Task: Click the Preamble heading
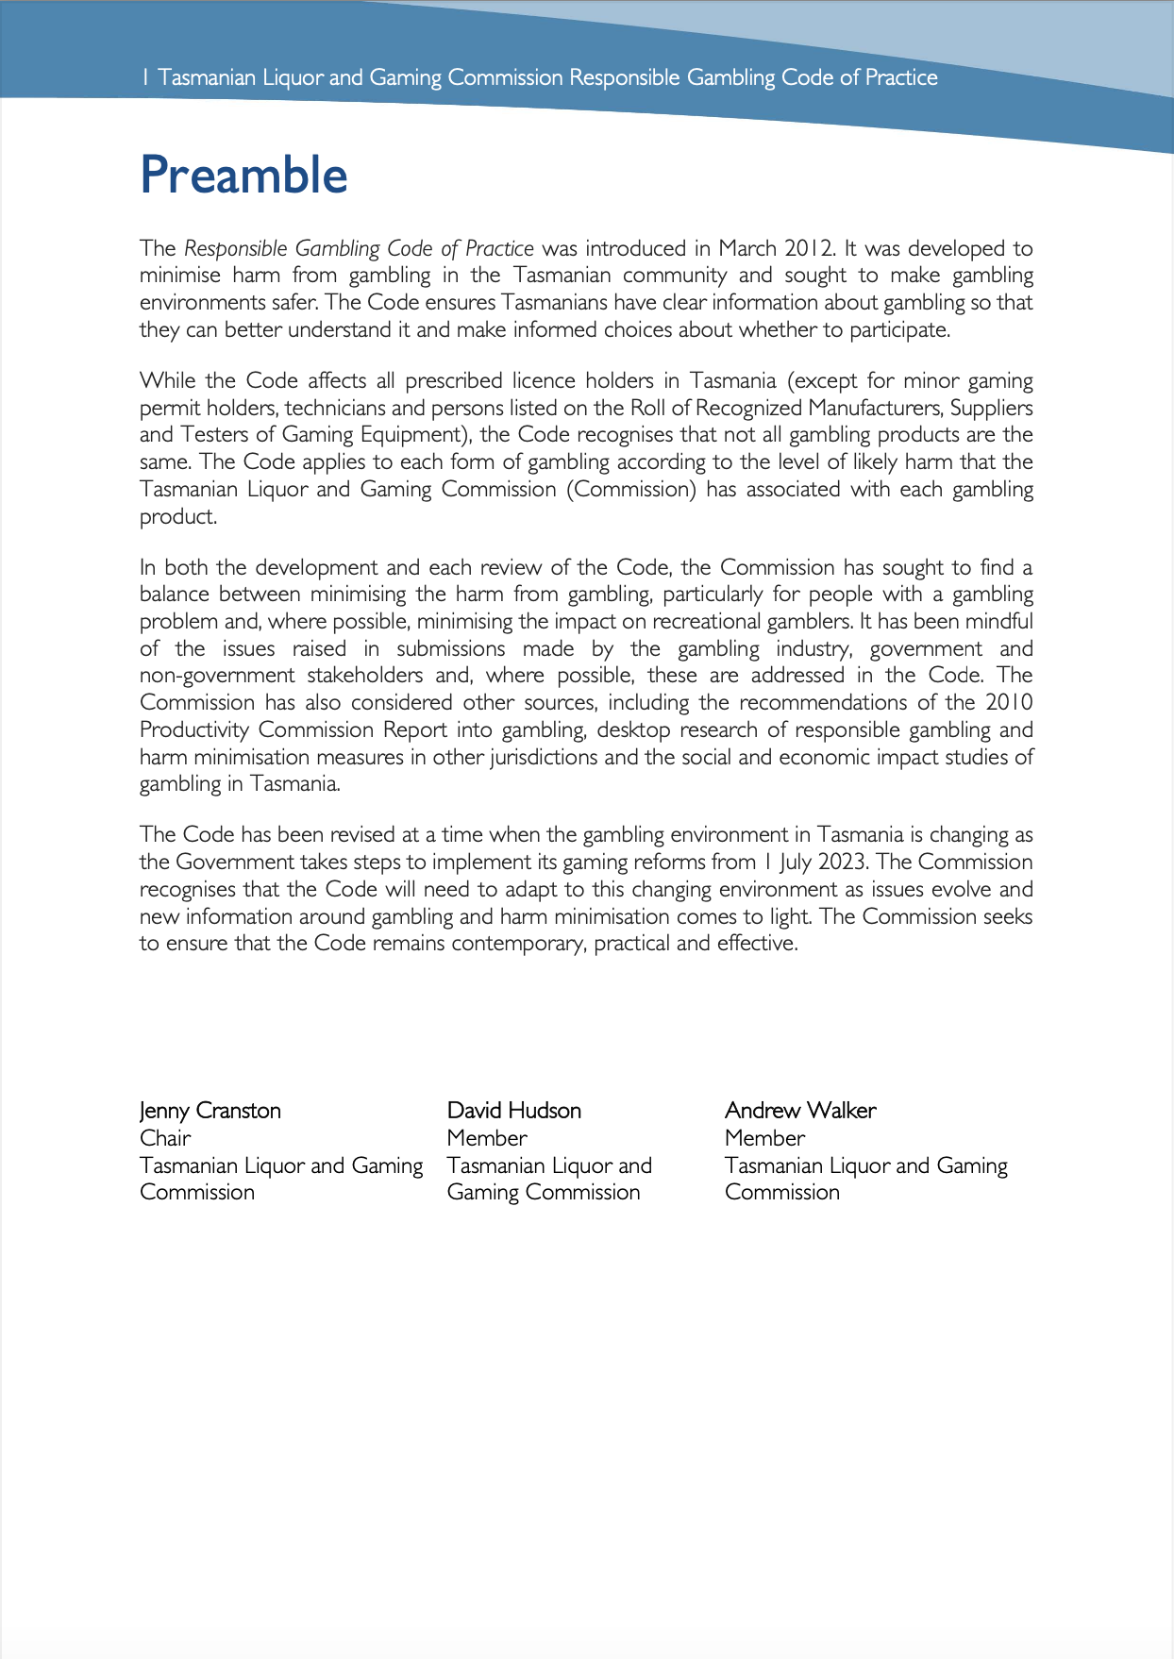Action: coord(243,176)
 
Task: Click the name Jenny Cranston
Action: coord(210,1111)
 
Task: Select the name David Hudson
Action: coord(513,1111)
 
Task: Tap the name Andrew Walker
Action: coord(799,1111)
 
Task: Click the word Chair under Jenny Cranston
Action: coord(165,1138)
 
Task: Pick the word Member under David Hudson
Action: coord(487,1138)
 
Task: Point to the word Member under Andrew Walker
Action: coord(764,1138)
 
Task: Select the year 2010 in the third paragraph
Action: coord(1009,703)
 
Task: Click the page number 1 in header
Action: coord(144,77)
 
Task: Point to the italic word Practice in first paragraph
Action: coord(499,249)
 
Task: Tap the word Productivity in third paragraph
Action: coord(194,730)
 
